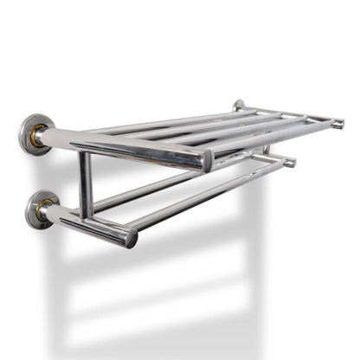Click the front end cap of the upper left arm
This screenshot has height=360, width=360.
pos(207,161)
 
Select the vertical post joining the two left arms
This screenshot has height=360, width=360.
pos(86,183)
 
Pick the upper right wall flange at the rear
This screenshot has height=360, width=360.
pos(239,106)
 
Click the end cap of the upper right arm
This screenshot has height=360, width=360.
pos(337,124)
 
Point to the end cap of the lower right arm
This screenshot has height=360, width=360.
pos(290,162)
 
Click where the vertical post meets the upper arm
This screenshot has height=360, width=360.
pos(85,154)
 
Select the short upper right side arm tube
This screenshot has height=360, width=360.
pos(286,113)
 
